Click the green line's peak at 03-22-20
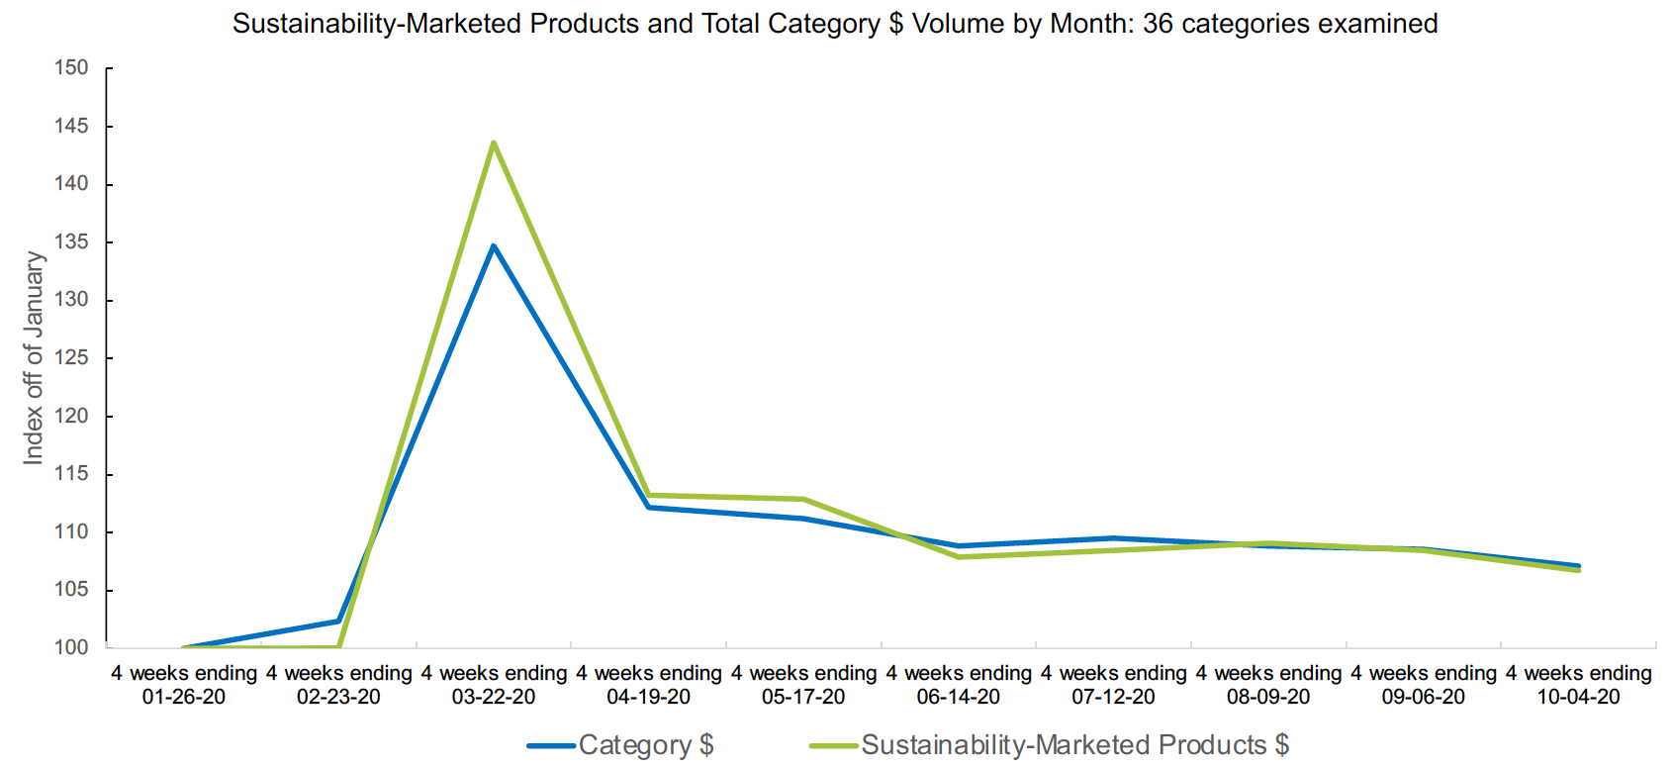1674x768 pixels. [x=493, y=144]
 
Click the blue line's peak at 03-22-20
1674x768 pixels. [x=493, y=246]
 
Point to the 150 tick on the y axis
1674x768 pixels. [x=71, y=68]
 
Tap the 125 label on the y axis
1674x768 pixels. [x=71, y=358]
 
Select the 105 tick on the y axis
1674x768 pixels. [x=71, y=590]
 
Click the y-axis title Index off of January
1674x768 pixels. [x=34, y=357]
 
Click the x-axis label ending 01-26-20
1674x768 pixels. [x=184, y=685]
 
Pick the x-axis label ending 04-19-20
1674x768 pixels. [x=649, y=685]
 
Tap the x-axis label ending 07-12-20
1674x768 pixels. [x=1113, y=685]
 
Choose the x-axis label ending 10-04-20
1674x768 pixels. [x=1578, y=685]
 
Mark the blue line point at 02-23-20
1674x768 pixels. [x=338, y=622]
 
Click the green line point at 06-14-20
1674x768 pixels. [x=959, y=557]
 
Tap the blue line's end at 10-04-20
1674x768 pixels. [x=1578, y=566]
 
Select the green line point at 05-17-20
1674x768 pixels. [x=803, y=499]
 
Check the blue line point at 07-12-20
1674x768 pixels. [x=1113, y=538]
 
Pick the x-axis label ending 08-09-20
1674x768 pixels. [x=1268, y=685]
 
